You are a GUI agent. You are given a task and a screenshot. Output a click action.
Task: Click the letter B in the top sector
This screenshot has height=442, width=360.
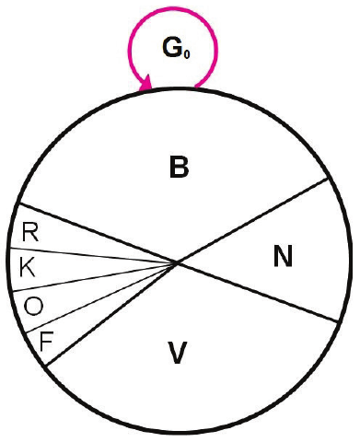point(180,167)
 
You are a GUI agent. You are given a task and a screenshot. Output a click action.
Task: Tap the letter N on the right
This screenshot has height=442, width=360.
point(283,257)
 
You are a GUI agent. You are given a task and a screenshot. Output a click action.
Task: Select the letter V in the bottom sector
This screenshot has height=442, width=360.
point(178,353)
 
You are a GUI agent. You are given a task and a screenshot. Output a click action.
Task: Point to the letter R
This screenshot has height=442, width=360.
point(30,232)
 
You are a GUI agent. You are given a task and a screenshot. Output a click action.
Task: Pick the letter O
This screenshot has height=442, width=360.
point(33,306)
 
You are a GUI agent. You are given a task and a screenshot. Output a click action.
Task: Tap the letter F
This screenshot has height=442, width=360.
point(47,342)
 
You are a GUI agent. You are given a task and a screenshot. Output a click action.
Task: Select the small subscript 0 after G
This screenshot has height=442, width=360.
point(187,54)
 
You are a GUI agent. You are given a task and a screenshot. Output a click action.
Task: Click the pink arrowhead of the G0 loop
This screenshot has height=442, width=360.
point(145,84)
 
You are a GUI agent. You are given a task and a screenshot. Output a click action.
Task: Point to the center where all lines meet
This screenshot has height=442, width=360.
point(177,262)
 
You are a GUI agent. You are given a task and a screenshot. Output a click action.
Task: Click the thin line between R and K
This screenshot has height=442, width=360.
point(93,255)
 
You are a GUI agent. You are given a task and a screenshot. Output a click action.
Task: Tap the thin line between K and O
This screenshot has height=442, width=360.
point(94,277)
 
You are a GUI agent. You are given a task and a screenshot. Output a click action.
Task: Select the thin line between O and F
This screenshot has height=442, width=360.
point(101,297)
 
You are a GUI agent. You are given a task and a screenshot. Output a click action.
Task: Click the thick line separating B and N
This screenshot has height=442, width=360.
point(252,220)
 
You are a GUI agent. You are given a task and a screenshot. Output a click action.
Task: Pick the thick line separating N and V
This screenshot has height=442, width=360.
point(258,292)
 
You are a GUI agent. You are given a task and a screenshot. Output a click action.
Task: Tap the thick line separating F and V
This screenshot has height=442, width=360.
point(111,314)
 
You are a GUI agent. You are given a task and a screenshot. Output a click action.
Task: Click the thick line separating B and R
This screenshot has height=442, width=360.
point(98,233)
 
